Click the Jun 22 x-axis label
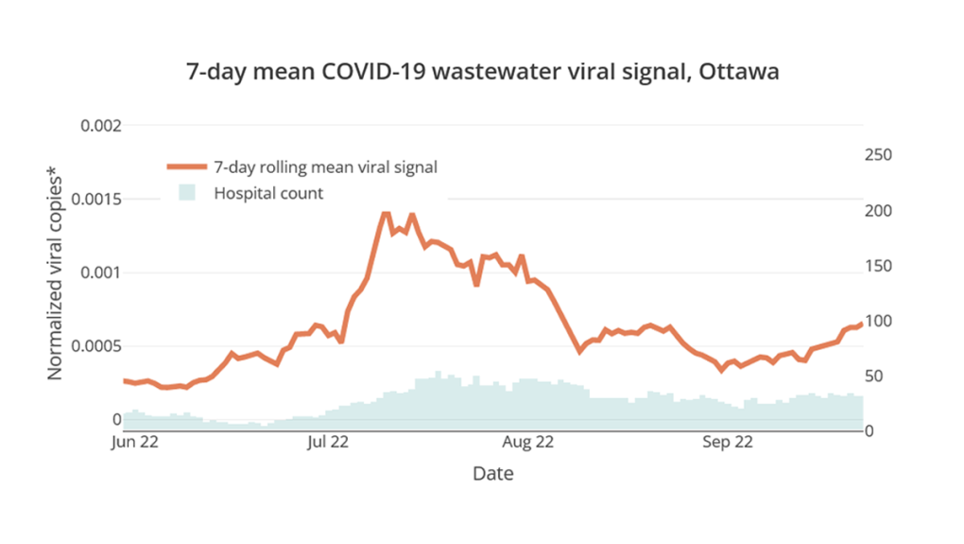134,442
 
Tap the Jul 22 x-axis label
328,442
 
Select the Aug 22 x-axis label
528,442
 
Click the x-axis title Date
493,473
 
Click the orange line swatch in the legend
186,167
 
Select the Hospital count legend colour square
186,193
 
